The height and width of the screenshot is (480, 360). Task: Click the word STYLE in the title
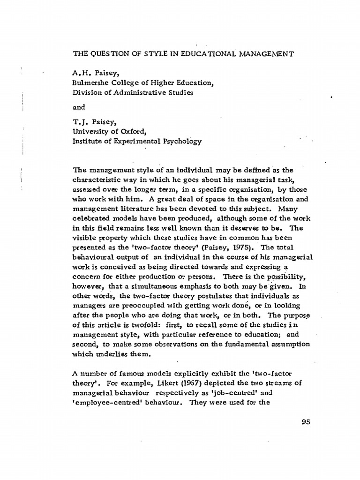pos(144,54)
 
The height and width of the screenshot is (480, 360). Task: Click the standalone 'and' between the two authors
pos(78,107)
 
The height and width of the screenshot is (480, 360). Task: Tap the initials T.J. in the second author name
pos(80,123)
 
